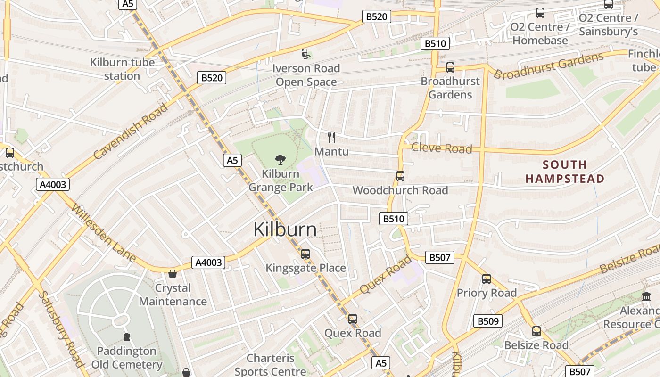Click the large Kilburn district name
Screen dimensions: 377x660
tap(285, 229)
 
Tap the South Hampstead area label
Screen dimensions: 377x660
tap(565, 172)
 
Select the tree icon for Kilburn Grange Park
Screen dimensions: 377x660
tap(280, 160)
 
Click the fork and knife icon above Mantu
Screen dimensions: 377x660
tap(331, 137)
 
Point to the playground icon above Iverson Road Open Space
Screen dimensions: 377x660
tap(306, 54)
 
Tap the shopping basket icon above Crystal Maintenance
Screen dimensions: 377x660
tap(173, 274)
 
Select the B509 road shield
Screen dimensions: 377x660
tap(488, 321)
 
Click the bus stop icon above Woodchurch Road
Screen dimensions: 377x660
tap(400, 176)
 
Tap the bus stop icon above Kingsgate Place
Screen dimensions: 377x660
tap(305, 254)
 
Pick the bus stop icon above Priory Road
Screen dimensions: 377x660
tap(487, 279)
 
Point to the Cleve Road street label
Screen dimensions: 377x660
tap(441, 148)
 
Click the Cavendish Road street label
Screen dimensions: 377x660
tap(131, 131)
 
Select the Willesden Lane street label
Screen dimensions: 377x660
tap(103, 232)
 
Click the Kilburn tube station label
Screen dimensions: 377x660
tap(122, 69)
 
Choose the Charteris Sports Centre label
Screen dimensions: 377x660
tap(270, 365)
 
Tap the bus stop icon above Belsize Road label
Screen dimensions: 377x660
tap(536, 331)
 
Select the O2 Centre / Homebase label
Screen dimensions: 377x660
tap(540, 33)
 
